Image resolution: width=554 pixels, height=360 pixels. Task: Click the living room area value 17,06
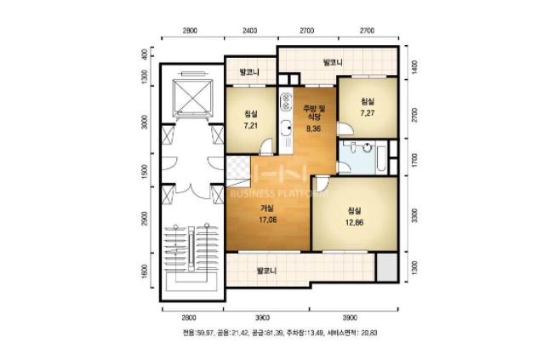(267, 220)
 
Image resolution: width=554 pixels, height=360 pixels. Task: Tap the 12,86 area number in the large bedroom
(354, 223)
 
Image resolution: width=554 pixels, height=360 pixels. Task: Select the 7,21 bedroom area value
(250, 125)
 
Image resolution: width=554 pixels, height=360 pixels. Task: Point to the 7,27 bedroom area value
(368, 113)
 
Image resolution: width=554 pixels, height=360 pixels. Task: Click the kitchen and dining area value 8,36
(313, 129)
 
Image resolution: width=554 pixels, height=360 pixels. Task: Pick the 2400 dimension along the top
(249, 31)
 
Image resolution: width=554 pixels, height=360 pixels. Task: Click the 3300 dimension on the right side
(414, 215)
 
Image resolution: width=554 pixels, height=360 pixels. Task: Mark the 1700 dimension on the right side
(414, 160)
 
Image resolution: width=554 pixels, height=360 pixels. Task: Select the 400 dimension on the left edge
(145, 53)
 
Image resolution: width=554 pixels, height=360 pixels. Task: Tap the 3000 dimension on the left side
(145, 122)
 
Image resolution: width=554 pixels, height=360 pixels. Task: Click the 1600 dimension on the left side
(145, 271)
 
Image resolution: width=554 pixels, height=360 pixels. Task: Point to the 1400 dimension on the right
(414, 66)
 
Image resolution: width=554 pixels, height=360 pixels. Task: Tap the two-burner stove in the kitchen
(285, 101)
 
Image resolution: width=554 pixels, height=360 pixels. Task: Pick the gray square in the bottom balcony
(386, 266)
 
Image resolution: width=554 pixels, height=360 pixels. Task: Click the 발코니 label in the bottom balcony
(266, 271)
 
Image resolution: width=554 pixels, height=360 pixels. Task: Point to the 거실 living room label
(266, 209)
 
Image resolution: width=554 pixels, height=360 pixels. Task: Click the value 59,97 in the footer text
(205, 333)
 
